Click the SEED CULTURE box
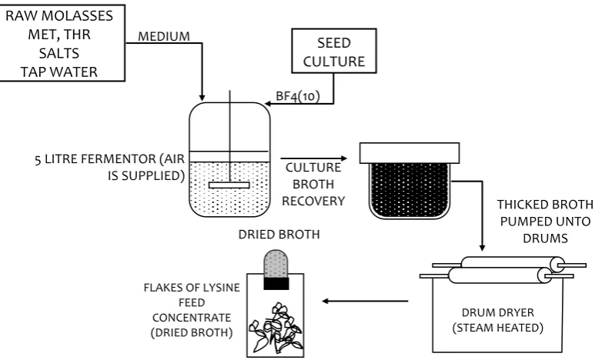coord(334,51)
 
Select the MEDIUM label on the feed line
coord(163,36)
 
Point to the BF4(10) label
coord(298,96)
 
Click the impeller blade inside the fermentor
coord(229,185)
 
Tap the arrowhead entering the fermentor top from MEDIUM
coord(202,98)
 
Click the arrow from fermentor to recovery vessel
coord(314,158)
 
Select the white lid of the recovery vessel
coord(409,153)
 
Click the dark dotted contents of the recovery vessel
coord(409,191)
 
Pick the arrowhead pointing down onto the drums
coord(482,248)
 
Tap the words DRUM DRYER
coord(498,312)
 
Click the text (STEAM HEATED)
coord(498,328)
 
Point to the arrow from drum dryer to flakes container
coord(365,302)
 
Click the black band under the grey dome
coord(276,284)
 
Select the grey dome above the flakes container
coord(276,264)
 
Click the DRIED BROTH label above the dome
coord(279,235)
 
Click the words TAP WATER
coord(59,72)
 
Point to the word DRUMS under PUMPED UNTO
coord(545,238)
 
